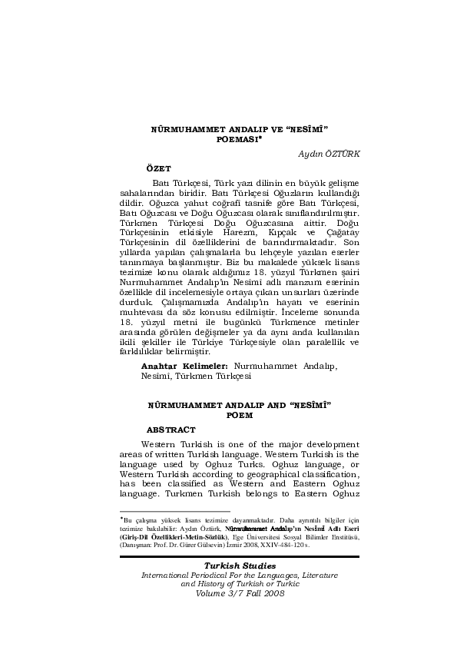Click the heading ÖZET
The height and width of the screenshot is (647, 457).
159,167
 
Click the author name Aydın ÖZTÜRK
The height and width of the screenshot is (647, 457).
329,154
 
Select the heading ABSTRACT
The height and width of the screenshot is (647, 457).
171,429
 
